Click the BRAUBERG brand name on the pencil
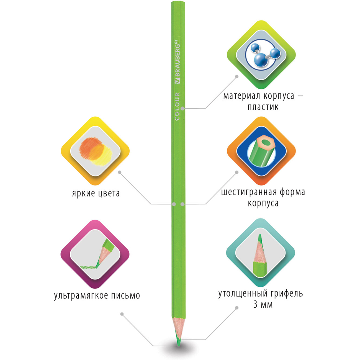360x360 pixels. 177,62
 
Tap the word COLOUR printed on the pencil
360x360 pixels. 177,106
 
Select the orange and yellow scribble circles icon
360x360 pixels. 96,151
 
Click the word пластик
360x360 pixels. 263,107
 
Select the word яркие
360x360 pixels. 84,194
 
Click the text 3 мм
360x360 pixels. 263,305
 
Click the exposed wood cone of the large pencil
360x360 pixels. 178,326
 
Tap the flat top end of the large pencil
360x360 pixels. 178,2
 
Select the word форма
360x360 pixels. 292,192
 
